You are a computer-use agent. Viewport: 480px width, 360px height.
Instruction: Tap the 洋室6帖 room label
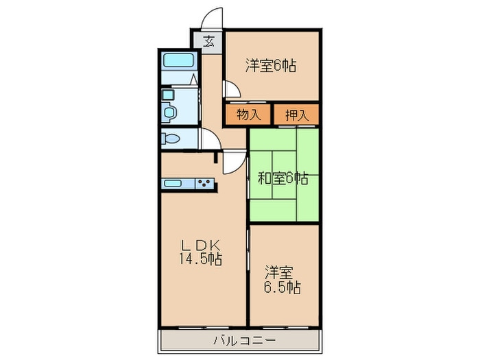click(x=271, y=67)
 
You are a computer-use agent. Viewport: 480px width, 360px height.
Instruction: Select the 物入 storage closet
click(x=248, y=115)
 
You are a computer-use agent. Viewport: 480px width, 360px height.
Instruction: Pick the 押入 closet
click(x=297, y=115)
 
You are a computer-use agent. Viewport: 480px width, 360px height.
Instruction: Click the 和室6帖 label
click(x=283, y=179)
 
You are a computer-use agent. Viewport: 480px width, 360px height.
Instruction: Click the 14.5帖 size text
click(x=200, y=259)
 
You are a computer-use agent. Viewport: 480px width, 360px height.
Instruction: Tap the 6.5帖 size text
click(x=283, y=286)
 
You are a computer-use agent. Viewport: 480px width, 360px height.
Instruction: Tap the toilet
click(x=171, y=139)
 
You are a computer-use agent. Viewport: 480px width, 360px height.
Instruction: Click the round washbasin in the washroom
click(x=169, y=110)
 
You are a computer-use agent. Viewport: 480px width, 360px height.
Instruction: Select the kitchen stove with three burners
click(x=206, y=184)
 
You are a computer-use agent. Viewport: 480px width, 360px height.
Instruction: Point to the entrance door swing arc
click(x=214, y=19)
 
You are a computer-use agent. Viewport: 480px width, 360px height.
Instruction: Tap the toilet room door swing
click(x=208, y=138)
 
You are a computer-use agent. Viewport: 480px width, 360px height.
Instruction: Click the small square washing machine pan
click(x=169, y=93)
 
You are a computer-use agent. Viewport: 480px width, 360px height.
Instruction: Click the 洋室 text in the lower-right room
click(x=282, y=270)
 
